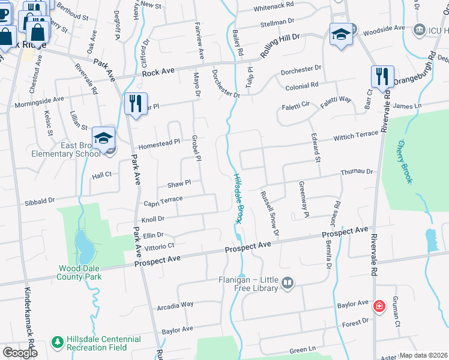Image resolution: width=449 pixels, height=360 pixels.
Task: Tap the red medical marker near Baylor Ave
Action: click(x=379, y=307)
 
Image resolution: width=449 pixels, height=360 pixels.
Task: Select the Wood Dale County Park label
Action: click(x=79, y=272)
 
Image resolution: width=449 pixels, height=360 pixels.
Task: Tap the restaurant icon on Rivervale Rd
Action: click(x=382, y=77)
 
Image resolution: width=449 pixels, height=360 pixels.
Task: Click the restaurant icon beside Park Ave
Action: click(x=136, y=103)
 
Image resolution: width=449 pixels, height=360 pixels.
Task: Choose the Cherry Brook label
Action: click(x=406, y=161)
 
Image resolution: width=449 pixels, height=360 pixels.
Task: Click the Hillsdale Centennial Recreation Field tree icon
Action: click(x=58, y=341)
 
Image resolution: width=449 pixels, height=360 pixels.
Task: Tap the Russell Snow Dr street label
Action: click(x=269, y=213)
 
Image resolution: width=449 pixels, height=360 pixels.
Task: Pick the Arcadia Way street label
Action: click(x=175, y=304)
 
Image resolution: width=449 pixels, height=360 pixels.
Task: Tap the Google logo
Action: click(x=20, y=352)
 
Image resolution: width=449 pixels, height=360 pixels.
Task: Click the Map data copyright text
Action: click(x=423, y=355)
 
